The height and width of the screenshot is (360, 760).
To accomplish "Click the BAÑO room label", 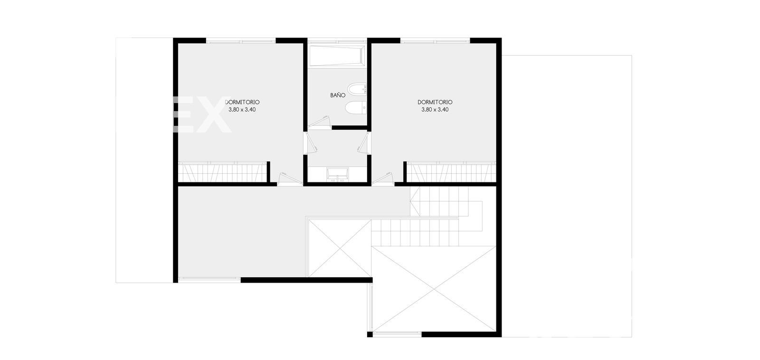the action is [338, 95].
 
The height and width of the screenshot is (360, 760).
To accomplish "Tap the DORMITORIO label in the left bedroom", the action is [242, 102].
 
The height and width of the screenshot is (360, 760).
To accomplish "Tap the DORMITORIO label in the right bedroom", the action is [435, 102].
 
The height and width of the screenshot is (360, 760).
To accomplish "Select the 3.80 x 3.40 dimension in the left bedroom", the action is [242, 110].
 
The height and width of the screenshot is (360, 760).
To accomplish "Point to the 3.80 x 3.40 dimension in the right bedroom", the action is [435, 110].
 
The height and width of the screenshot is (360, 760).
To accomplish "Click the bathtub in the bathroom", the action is [337, 55].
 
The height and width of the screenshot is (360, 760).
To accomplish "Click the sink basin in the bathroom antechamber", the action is [337, 174].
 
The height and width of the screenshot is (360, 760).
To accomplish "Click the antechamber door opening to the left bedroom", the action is [311, 142].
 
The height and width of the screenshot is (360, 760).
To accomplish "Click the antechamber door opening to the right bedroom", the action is [364, 142].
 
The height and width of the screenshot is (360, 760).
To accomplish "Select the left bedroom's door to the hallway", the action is [289, 179].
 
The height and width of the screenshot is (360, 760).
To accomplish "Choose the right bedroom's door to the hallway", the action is [383, 179].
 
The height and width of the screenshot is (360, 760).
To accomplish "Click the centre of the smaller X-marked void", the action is [340, 248].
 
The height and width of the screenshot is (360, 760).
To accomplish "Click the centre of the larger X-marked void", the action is [434, 289].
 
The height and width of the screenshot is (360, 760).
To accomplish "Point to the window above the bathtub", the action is [337, 41].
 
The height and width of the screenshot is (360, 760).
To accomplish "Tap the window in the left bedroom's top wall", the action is [241, 41].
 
